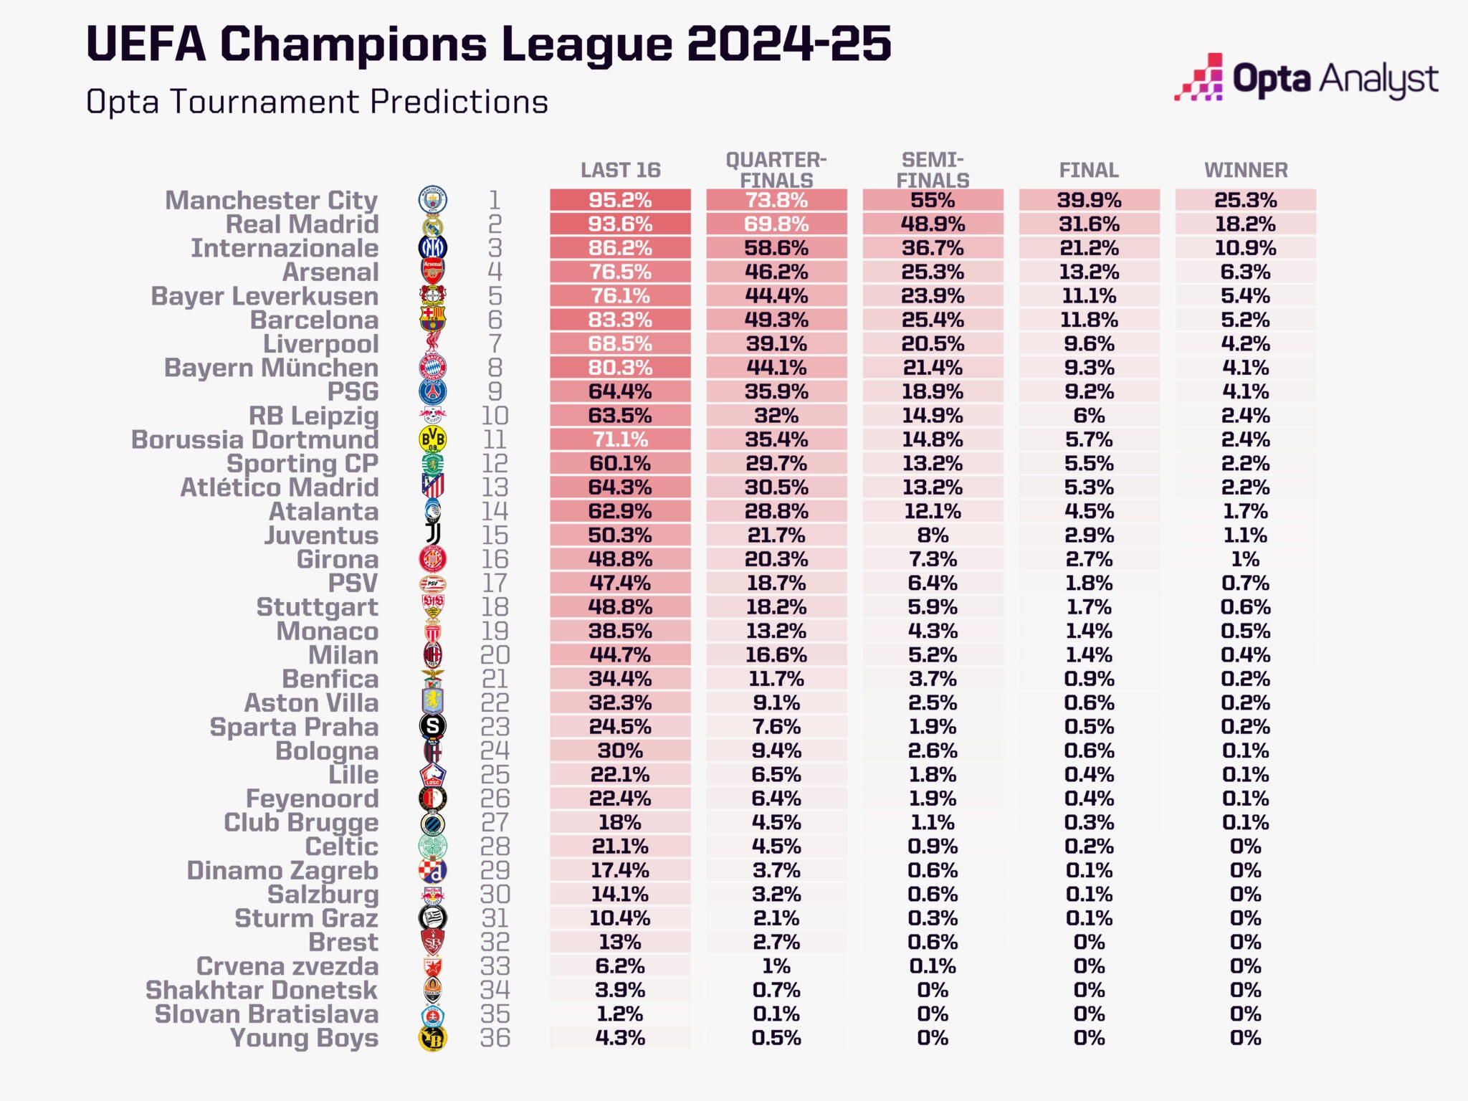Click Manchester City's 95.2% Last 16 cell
[620, 200]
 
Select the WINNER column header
[1246, 171]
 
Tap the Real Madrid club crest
[433, 225]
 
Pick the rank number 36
[495, 1038]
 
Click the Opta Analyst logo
[1306, 79]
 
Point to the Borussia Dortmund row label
[254, 439]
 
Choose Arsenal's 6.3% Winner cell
[1246, 272]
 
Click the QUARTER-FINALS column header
[776, 170]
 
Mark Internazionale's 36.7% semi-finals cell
[933, 248]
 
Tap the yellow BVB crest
[433, 439]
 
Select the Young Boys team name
[304, 1038]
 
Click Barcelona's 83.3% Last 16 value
[620, 320]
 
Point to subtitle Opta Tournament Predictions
[317, 102]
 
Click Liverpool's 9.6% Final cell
[1089, 344]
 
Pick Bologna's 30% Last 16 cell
[620, 750]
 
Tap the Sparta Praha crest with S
[433, 727]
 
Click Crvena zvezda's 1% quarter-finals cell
[776, 966]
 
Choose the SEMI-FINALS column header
[933, 170]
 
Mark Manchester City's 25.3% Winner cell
[1246, 200]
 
